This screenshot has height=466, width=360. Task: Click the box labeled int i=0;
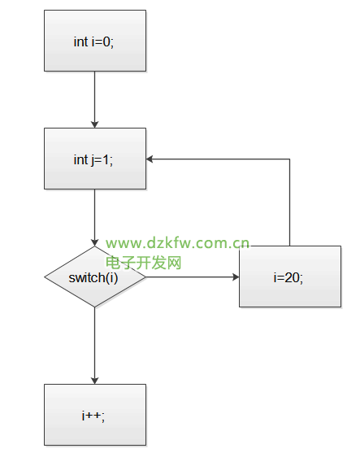pyautogui.click(x=95, y=41)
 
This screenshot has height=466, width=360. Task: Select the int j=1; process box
pyautogui.click(x=95, y=159)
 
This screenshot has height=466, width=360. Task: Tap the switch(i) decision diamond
pyautogui.click(x=95, y=277)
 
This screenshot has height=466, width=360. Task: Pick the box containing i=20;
pyautogui.click(x=290, y=277)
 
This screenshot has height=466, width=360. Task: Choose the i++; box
pyautogui.click(x=95, y=415)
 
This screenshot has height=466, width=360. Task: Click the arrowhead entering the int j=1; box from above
pyautogui.click(x=95, y=124)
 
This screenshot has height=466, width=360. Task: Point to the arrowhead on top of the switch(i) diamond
pyautogui.click(x=95, y=242)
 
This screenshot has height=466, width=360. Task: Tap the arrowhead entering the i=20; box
pyautogui.click(x=236, y=277)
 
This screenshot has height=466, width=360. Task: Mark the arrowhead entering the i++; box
pyautogui.click(x=95, y=381)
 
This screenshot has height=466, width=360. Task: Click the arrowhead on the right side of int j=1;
pyautogui.click(x=150, y=159)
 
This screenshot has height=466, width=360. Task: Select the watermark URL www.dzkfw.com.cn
pyautogui.click(x=177, y=243)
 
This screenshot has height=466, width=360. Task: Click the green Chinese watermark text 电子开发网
pyautogui.click(x=144, y=263)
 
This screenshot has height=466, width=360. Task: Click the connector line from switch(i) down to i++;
pyautogui.click(x=95, y=346)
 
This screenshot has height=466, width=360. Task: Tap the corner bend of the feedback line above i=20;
pyautogui.click(x=289, y=159)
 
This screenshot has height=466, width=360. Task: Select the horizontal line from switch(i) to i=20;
pyautogui.click(x=193, y=277)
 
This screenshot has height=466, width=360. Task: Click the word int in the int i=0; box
pyautogui.click(x=80, y=41)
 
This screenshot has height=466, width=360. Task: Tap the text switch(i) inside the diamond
pyautogui.click(x=93, y=278)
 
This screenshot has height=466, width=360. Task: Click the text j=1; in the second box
pyautogui.click(x=102, y=160)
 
